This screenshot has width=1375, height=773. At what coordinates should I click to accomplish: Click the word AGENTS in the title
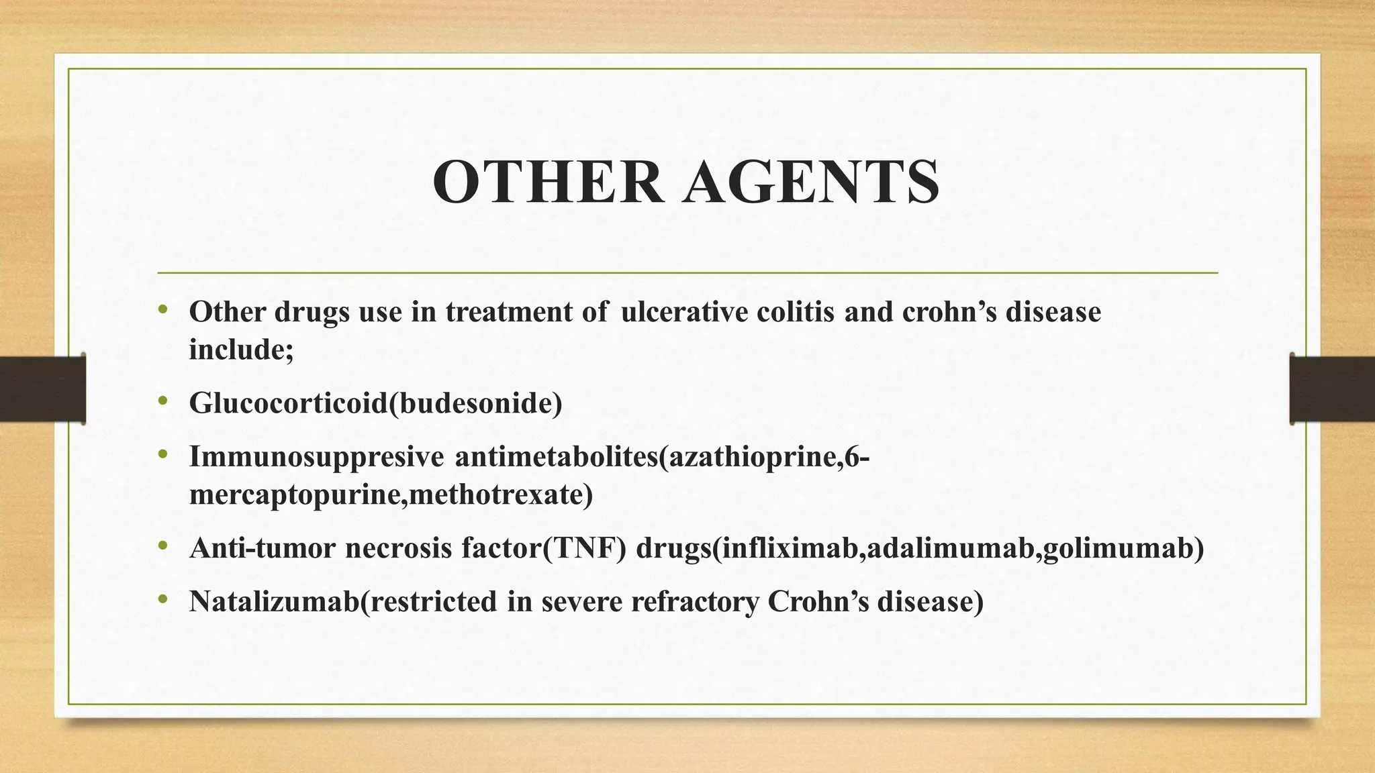pyautogui.click(x=810, y=183)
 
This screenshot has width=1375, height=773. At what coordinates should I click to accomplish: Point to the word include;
pyautogui.click(x=241, y=349)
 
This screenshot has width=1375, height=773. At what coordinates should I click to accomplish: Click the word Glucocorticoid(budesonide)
pyautogui.click(x=375, y=403)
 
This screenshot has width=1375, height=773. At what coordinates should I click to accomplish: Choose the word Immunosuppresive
pyautogui.click(x=316, y=457)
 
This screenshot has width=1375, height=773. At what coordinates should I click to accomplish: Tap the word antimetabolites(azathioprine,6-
pyautogui.click(x=662, y=457)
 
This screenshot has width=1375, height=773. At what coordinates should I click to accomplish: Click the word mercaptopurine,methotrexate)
pyautogui.click(x=391, y=495)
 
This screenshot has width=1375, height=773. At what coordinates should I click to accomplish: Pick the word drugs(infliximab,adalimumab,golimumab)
pyautogui.click(x=920, y=548)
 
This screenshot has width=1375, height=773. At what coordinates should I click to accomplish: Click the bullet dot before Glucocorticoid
pyautogui.click(x=162, y=401)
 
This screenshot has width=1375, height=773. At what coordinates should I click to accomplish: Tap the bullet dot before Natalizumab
pyautogui.click(x=162, y=600)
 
